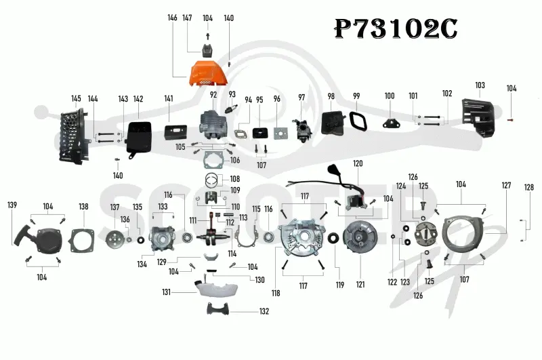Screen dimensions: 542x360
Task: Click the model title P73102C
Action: click(x=396, y=29)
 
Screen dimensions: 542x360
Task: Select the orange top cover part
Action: click(x=208, y=74)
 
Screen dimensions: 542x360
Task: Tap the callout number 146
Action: click(x=172, y=18)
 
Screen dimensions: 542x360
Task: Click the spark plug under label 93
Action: click(x=230, y=108)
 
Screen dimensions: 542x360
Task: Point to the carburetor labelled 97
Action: click(x=301, y=129)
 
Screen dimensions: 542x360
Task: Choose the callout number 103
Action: click(x=480, y=85)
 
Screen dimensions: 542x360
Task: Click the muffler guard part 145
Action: click(x=72, y=136)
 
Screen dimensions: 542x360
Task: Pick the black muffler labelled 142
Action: click(x=139, y=139)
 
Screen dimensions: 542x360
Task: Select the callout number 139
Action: click(x=12, y=205)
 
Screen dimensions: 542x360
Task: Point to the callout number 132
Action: click(x=264, y=311)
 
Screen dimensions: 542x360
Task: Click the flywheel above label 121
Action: click(x=360, y=237)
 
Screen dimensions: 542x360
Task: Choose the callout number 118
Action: click(x=276, y=294)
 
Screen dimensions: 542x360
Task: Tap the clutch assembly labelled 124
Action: click(x=426, y=234)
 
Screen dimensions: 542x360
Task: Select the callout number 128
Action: click(x=529, y=187)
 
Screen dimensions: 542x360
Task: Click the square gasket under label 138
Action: click(x=82, y=241)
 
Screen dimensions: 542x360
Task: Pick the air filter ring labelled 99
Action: click(x=358, y=121)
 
